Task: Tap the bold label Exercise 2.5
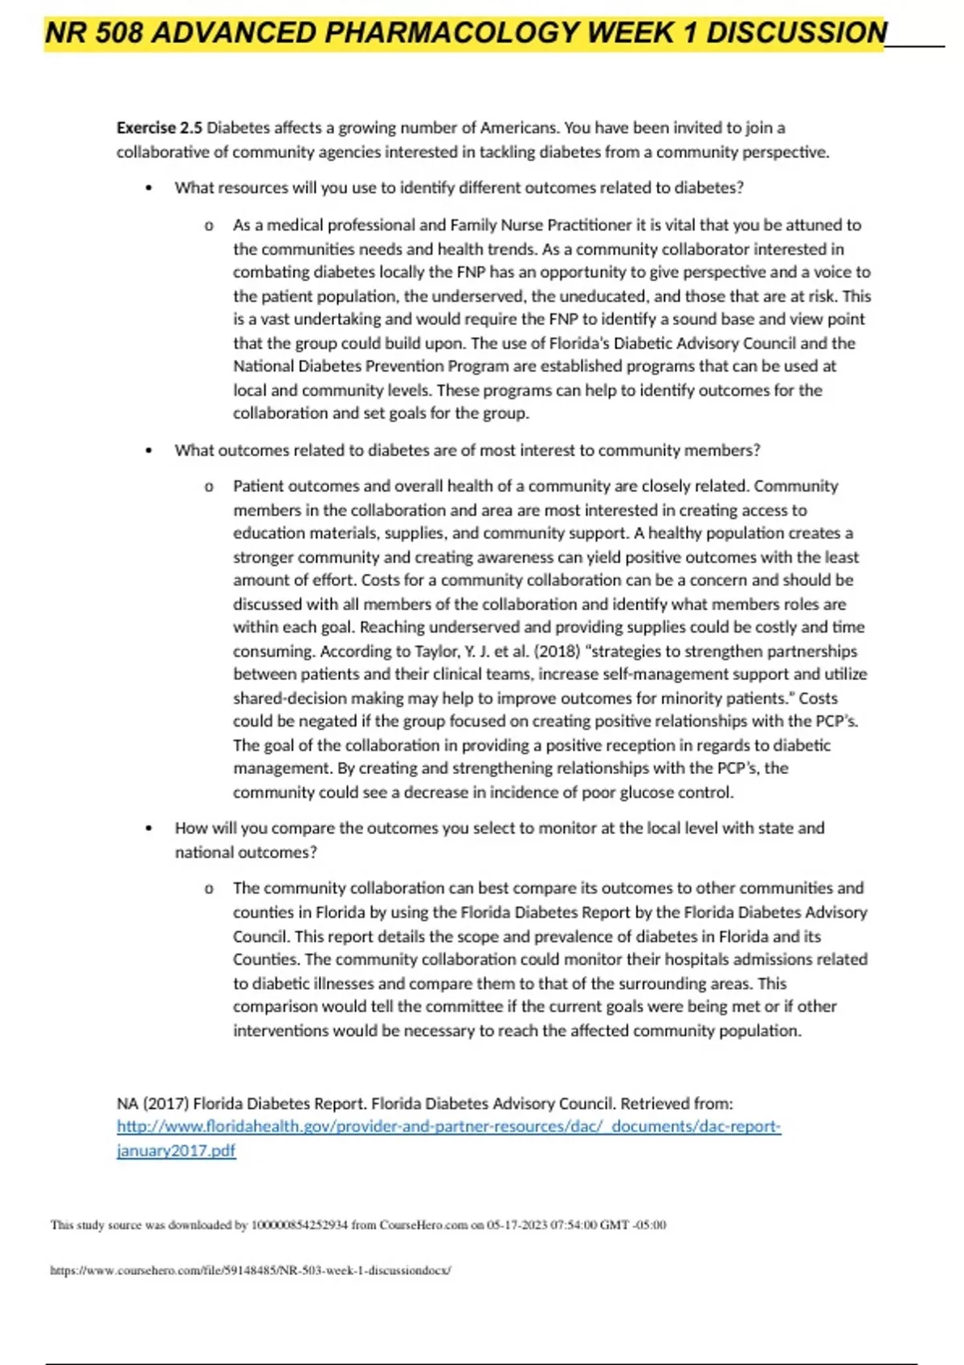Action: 159,128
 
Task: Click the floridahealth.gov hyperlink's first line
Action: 448,1127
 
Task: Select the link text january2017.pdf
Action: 176,1151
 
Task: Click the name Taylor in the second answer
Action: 435,651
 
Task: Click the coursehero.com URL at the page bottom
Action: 250,1270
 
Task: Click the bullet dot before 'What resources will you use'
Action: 149,189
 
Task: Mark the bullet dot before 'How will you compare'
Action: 149,829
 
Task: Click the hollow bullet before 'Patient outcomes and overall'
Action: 209,487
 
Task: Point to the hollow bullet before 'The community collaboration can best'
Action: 209,889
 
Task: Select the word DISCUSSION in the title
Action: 796,33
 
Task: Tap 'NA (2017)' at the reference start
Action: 152,1104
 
